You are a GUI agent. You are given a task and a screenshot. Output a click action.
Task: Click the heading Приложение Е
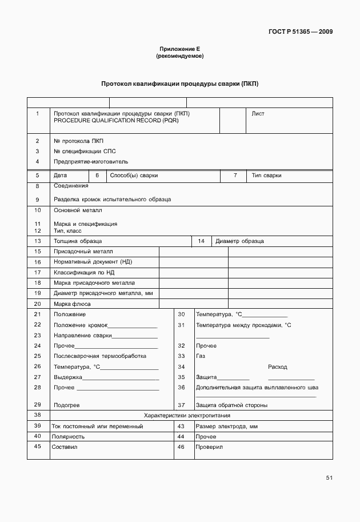tap(179, 50)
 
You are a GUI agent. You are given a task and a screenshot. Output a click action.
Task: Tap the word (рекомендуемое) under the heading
tap(179, 57)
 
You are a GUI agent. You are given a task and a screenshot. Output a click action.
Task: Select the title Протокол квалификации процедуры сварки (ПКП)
tap(179, 83)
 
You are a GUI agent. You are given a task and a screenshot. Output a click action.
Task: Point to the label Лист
tap(258, 114)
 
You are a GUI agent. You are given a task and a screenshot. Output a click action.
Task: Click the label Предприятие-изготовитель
tap(91, 162)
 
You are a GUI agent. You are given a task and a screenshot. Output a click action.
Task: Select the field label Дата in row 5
tap(60, 176)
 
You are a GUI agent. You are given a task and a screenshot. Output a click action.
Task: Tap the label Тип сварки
tap(266, 176)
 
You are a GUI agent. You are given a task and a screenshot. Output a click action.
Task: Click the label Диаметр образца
tap(239, 241)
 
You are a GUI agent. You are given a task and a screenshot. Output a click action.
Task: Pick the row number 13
tap(38, 241)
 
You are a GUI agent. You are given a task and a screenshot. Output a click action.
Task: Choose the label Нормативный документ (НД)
tap(93, 262)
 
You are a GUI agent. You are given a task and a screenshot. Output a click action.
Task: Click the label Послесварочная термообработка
tap(99, 356)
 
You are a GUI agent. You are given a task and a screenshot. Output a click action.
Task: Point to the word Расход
tap(277, 367)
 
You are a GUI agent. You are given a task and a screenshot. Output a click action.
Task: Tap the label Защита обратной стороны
tap(231, 405)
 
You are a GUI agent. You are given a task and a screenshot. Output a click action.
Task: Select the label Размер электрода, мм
tap(227, 427)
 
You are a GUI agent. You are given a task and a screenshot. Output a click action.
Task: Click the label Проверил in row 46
tap(209, 447)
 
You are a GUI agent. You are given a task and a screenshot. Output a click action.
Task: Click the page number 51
tap(329, 477)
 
